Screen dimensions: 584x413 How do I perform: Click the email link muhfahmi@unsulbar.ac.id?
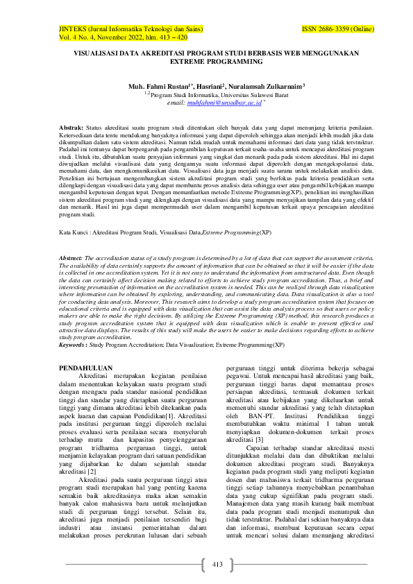coord(225,102)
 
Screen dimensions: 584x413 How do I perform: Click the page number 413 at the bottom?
coord(217,562)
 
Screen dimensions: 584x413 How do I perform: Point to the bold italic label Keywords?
coord(74,344)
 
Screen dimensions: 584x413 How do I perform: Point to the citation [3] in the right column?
coord(260,459)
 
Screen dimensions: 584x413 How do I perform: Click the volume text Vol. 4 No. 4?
coord(78,39)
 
